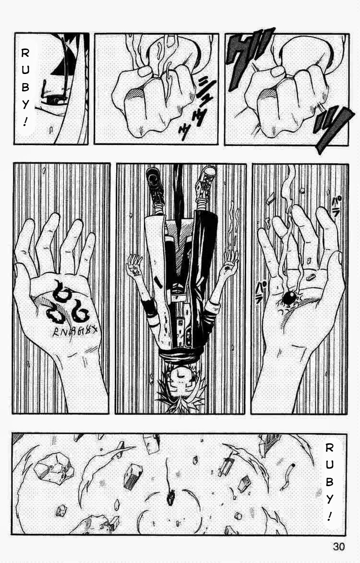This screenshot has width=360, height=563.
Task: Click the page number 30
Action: (337, 547)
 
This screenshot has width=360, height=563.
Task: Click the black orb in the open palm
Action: (289, 298)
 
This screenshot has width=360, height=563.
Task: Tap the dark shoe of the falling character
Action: (154, 180)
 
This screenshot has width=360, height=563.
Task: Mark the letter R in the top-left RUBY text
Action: (25, 54)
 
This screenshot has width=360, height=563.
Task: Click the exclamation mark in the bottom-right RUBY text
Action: (328, 516)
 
